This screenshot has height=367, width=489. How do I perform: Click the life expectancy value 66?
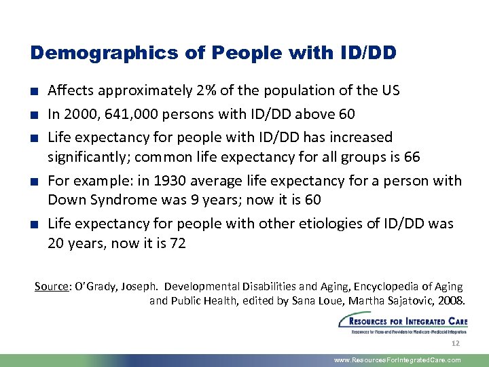pos(412,158)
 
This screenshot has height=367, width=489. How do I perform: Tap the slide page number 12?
pos(455,344)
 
